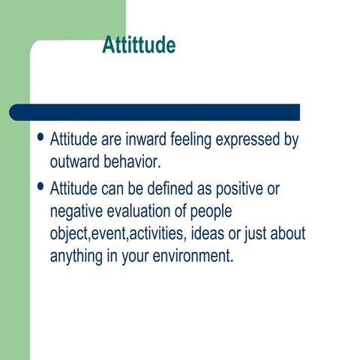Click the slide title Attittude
(139, 46)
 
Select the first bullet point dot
(40, 139)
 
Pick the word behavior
(134, 163)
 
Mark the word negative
(77, 211)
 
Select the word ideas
(209, 234)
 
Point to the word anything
(79, 256)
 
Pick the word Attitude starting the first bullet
(73, 140)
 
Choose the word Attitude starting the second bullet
(73, 190)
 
